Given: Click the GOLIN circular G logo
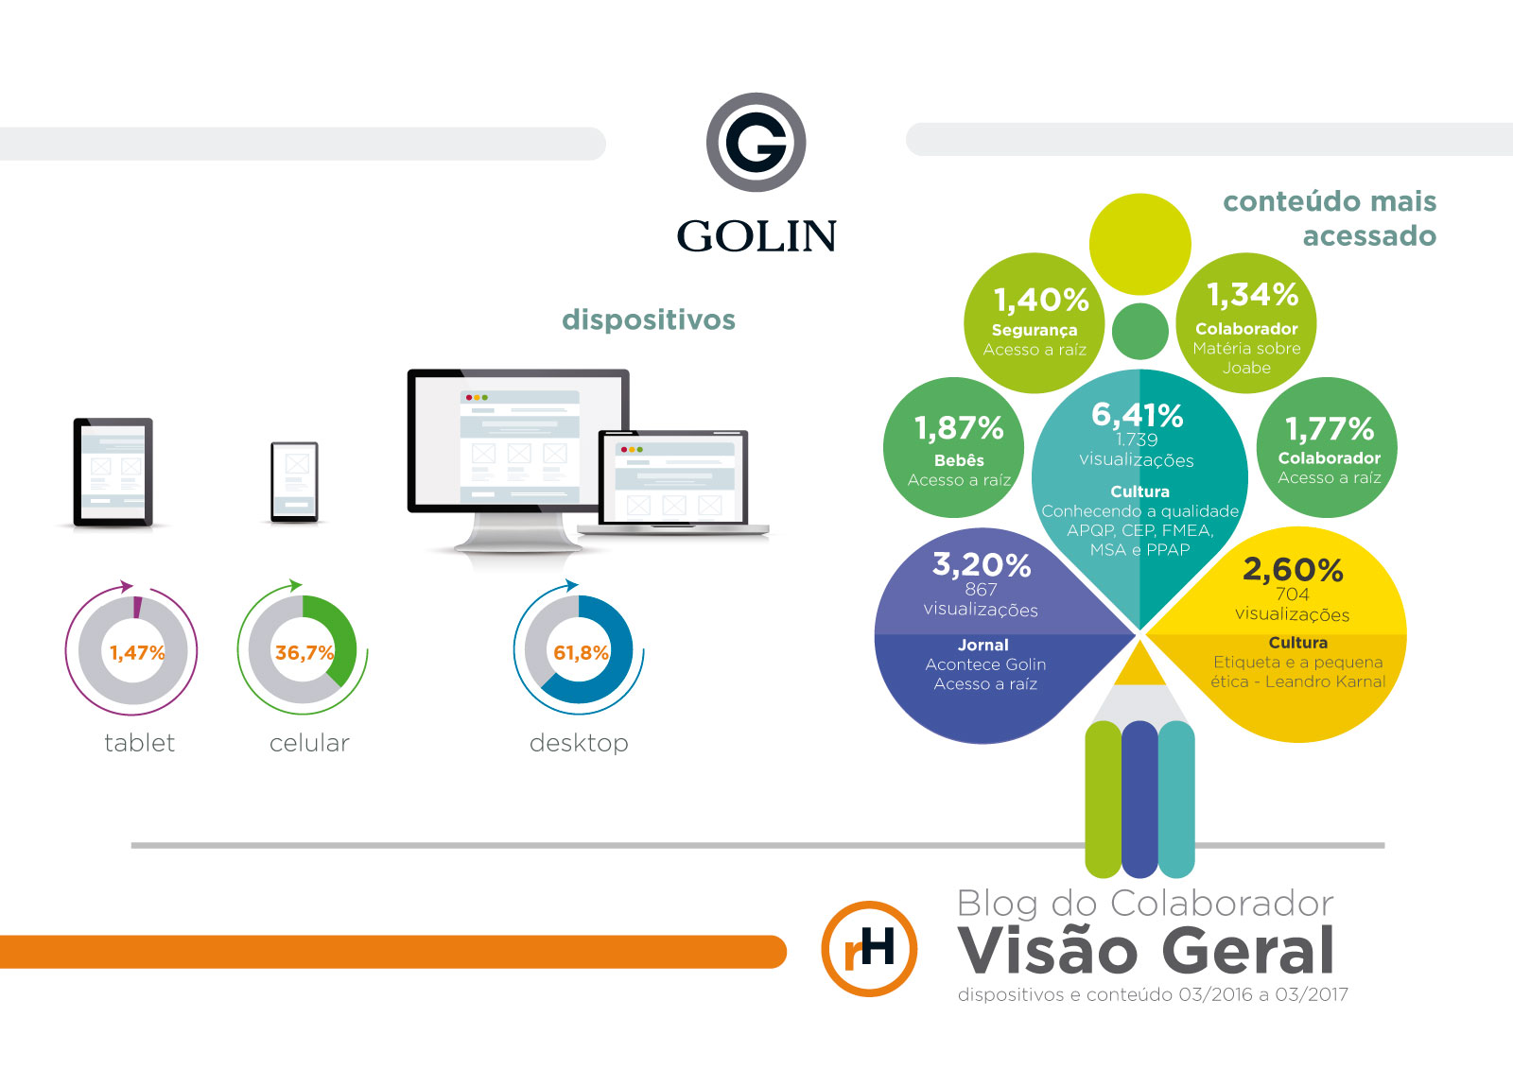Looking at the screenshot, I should [756, 143].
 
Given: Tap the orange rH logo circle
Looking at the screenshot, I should [869, 948].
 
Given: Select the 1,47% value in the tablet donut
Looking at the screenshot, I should [137, 652].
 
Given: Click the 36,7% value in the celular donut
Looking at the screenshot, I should [304, 652].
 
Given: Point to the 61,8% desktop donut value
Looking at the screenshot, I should [581, 652].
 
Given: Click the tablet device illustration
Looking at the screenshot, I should [113, 471].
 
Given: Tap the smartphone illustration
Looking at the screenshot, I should [294, 482].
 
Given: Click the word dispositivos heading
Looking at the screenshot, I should [649, 319].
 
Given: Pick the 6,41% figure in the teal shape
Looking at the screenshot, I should [1138, 415].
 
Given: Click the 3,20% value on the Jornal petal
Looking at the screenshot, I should [982, 564].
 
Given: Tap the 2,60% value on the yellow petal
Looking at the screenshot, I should [1293, 569].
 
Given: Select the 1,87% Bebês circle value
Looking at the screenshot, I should [959, 428].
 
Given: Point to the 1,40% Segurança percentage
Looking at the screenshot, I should [1041, 300].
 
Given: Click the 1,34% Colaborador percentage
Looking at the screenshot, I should [1253, 295].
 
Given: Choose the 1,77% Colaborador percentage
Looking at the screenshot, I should [1330, 429].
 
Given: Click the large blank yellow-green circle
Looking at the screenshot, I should [1139, 244].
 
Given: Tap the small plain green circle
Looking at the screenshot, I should [1140, 331].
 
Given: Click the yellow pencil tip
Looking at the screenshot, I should [1141, 664].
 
